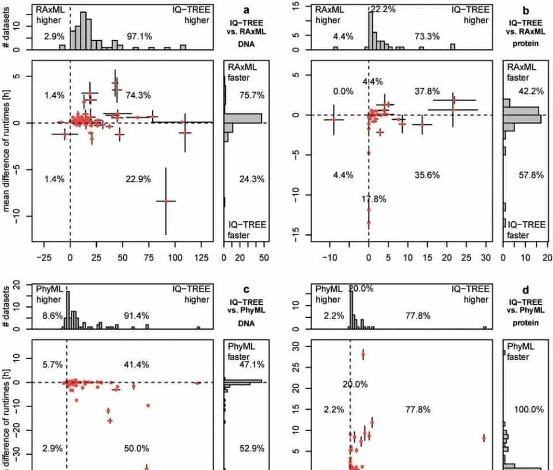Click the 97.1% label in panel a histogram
tap(138, 36)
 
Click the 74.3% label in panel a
tap(138, 95)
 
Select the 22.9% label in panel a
tap(138, 179)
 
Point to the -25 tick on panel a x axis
tap(43, 258)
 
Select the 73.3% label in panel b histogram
tap(427, 36)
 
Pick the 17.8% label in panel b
tap(374, 199)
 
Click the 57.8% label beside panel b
tap(531, 175)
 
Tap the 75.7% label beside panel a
tap(252, 95)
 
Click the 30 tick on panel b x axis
tap(486, 258)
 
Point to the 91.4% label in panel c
tap(137, 316)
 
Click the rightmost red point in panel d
tap(484, 438)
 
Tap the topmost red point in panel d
tap(363, 355)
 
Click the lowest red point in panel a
tap(166, 201)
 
